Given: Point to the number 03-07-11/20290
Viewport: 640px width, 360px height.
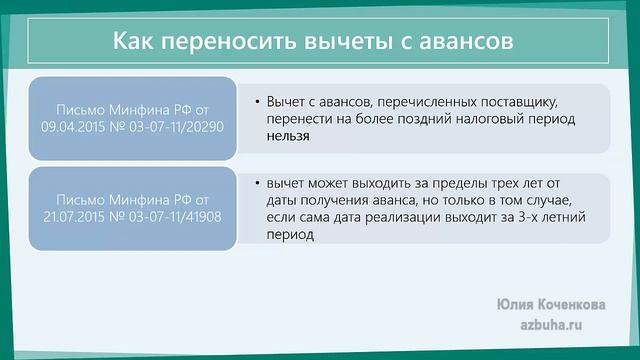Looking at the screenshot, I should tap(171, 127).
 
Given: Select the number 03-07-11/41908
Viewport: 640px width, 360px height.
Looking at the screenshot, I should tap(171, 216).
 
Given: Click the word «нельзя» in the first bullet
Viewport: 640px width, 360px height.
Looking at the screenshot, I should tap(288, 139).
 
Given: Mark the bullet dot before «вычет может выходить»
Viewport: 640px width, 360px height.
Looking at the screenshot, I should tap(258, 183).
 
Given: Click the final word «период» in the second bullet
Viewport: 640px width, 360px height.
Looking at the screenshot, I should tap(290, 237).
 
